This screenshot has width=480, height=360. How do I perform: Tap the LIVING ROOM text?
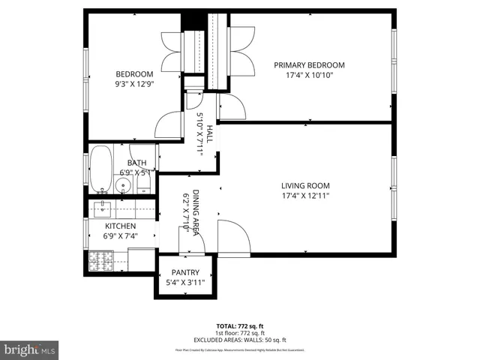(x=305, y=185)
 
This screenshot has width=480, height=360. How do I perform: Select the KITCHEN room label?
(x=120, y=226)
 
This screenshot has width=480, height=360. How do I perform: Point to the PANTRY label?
(x=185, y=272)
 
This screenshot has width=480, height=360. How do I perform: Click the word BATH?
(x=136, y=163)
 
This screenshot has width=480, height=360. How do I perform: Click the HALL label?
(x=210, y=135)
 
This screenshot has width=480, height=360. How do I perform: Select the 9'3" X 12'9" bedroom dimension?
(x=134, y=84)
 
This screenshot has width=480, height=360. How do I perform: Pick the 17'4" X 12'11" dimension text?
(x=305, y=196)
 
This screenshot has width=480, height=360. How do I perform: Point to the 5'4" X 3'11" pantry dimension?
(x=185, y=283)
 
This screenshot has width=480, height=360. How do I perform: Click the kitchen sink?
(x=102, y=208)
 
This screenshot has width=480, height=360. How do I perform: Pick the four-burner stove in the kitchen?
(x=100, y=259)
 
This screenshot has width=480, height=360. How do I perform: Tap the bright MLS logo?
(x=29, y=349)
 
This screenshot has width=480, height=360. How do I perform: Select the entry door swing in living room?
(x=232, y=238)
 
